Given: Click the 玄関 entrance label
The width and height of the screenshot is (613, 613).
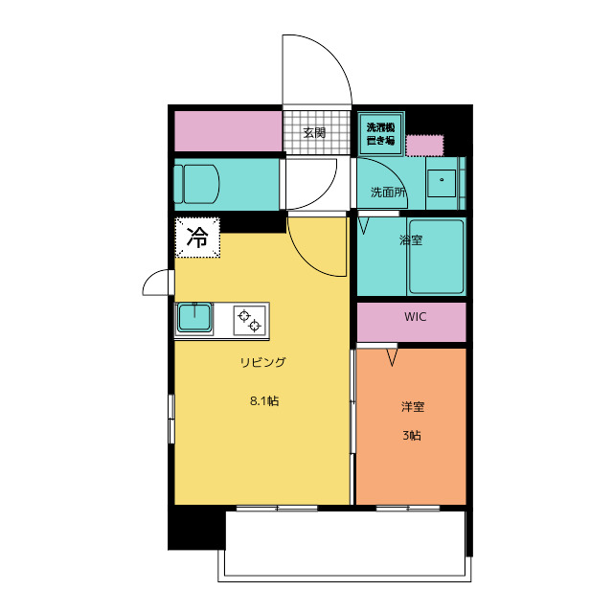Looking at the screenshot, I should pyautogui.click(x=313, y=132).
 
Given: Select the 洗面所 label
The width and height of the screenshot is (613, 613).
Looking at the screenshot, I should pyautogui.click(x=388, y=193).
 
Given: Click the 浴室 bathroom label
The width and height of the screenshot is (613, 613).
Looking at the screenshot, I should pyautogui.click(x=411, y=239).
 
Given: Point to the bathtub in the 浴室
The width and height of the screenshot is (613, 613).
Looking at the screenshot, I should pyautogui.click(x=436, y=257).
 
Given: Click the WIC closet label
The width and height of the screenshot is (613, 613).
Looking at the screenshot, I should pyautogui.click(x=415, y=316).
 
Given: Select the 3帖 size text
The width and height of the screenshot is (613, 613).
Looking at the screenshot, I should pyautogui.click(x=411, y=435).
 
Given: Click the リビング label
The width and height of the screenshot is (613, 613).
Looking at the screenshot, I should pyautogui.click(x=262, y=362).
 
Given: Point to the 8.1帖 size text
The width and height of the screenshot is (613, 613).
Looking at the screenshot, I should pyautogui.click(x=263, y=401).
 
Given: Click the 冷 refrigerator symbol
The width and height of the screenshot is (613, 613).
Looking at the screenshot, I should pyautogui.click(x=197, y=238).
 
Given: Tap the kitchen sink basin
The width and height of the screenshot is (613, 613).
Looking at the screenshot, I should pyautogui.click(x=195, y=318).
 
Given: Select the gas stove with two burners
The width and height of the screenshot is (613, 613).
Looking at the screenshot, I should pyautogui.click(x=248, y=319).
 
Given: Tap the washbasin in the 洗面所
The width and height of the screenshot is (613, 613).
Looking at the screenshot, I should pyautogui.click(x=442, y=180).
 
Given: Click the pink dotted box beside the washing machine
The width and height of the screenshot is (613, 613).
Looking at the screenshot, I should pyautogui.click(x=425, y=146).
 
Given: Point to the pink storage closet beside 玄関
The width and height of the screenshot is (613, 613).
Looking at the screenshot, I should pyautogui.click(x=228, y=131).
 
